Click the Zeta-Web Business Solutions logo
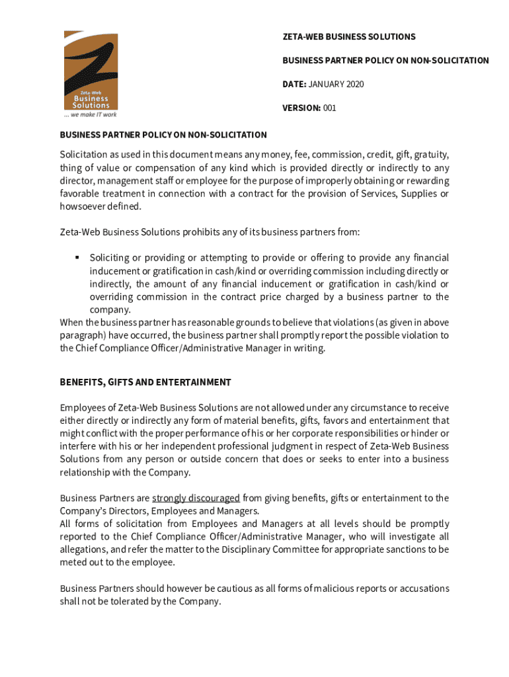click(x=91, y=70)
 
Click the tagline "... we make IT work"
click(x=91, y=114)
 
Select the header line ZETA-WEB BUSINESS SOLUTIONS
click(x=348, y=36)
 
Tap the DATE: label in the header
click(x=294, y=84)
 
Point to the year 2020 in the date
click(x=354, y=84)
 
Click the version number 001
click(x=329, y=108)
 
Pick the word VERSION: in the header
click(x=301, y=108)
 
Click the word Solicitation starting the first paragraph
click(x=87, y=155)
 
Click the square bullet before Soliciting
click(x=77, y=257)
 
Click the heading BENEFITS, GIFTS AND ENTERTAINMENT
click(x=145, y=382)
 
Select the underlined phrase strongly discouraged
click(x=196, y=498)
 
